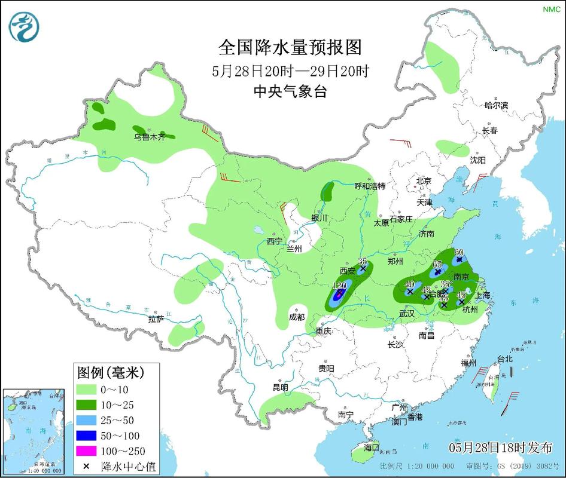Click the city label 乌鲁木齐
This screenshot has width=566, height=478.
coord(149,137)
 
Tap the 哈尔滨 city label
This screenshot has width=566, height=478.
coord(496,105)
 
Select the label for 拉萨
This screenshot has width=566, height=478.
coord(156,319)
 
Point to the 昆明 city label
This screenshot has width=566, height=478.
coord(281,387)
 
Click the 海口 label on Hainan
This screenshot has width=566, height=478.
coord(372,447)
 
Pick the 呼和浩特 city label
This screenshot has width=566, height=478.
coord(370,186)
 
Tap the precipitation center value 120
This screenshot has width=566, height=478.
coord(340,286)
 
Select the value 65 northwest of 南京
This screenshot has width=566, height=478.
coord(437,265)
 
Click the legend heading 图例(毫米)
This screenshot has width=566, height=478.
coord(110,373)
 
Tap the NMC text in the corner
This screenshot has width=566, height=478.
coord(550,9)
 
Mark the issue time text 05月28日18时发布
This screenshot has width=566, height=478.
coord(500,447)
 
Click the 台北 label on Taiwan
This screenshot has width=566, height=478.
coord(504,359)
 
